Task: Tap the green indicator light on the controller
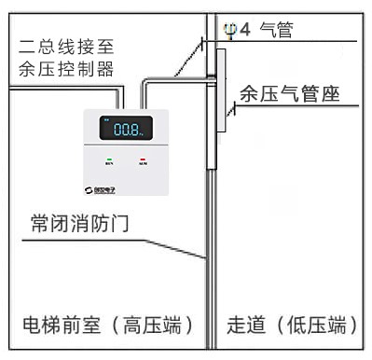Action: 110,159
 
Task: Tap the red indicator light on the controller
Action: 143,159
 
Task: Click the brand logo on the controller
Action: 106,185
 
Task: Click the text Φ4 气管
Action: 260,30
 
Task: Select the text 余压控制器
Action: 65,68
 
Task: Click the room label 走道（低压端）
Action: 293,326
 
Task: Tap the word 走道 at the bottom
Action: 246,326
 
